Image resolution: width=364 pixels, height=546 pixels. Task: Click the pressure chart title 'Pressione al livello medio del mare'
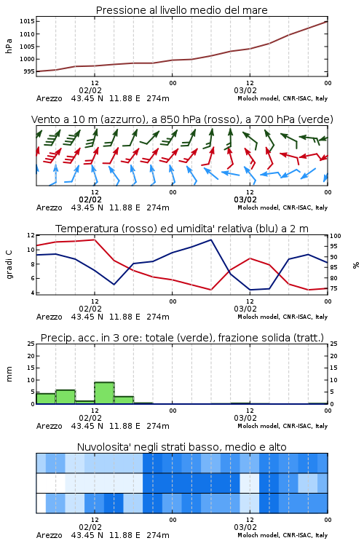(181, 10)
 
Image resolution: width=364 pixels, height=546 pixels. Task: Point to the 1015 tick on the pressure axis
(27, 21)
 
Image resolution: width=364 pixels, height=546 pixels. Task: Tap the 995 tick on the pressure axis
(29, 71)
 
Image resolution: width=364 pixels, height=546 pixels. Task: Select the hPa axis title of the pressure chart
(9, 46)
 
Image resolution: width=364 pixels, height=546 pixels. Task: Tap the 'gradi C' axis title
(9, 264)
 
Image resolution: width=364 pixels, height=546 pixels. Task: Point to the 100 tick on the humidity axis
(335, 236)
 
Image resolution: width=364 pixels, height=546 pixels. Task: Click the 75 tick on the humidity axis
(333, 288)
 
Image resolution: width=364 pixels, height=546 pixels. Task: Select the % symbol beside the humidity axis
(356, 265)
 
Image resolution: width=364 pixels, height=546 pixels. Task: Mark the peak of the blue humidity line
(210, 240)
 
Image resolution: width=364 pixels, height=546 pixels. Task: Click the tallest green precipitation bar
(105, 393)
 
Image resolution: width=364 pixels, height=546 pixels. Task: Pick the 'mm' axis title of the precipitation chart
(9, 374)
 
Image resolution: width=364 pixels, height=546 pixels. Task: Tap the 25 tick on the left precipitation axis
(31, 344)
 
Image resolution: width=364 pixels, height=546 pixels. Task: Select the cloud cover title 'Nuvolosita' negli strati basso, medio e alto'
(181, 447)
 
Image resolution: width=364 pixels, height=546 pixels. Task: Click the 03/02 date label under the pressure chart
(245, 90)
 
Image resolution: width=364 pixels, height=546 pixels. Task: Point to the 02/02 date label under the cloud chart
(90, 527)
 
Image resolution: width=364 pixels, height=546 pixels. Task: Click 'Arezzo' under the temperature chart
(49, 317)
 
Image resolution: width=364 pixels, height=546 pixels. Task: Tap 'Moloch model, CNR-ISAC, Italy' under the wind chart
(282, 207)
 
